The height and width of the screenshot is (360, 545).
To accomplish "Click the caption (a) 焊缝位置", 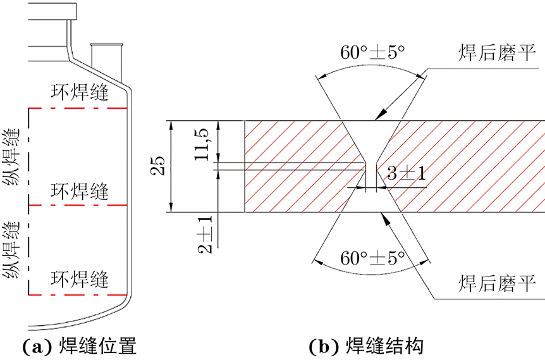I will [x=79, y=347].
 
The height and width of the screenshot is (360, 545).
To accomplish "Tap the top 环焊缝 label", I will [x=80, y=92].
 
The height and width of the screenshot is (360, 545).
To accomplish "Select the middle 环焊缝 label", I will [x=80, y=190].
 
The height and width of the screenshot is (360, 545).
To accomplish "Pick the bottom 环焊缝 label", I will [x=80, y=278].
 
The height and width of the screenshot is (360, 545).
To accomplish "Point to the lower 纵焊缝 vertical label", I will [x=11, y=250].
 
